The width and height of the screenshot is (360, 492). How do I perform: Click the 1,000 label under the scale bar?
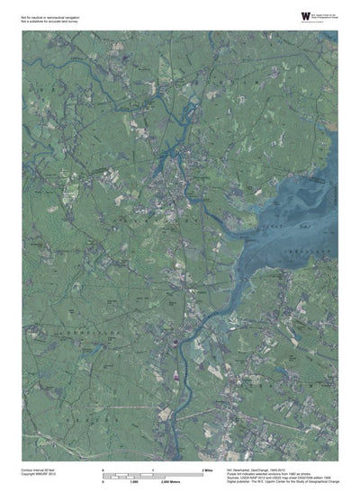point(134,483)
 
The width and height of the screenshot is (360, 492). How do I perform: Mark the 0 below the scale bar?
point(103,483)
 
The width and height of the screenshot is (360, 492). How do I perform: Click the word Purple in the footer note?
point(236,474)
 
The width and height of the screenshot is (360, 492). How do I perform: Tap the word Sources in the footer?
point(238,479)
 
